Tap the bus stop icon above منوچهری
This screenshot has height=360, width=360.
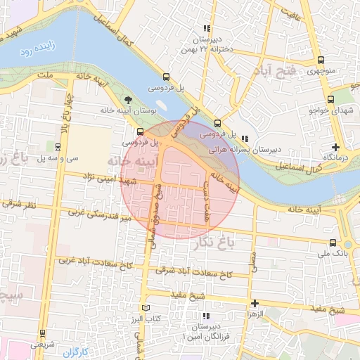[x=321, y=60]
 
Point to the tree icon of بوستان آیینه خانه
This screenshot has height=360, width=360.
[x=127, y=100]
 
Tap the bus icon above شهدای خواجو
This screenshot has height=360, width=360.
[x=331, y=99]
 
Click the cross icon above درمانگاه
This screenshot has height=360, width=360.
[x=336, y=147]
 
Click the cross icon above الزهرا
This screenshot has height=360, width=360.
[x=255, y=303]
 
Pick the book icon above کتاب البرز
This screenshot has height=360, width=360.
[x=146, y=308]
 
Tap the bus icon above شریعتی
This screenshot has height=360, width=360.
[x=42, y=333]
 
